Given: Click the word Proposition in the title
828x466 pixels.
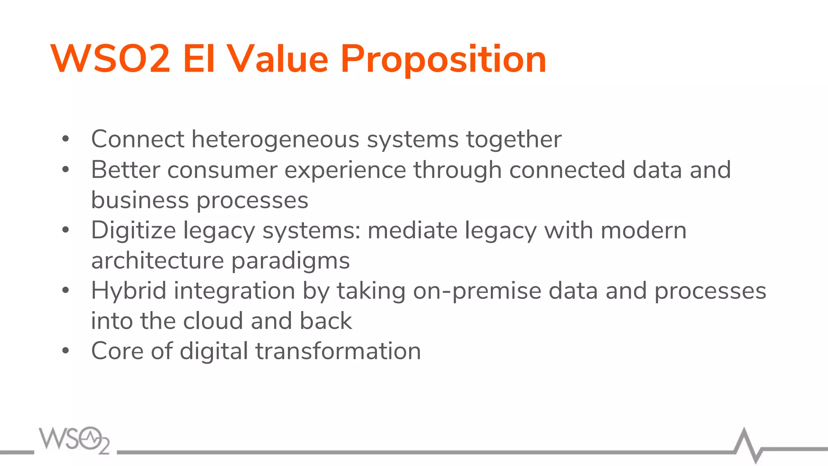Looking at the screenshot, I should [443, 60].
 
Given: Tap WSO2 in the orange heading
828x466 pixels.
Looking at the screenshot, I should [110, 59].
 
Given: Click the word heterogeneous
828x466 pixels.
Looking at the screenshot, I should [275, 139].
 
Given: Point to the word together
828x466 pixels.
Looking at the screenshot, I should [513, 140].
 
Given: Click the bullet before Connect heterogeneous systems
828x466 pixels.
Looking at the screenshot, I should [65, 140].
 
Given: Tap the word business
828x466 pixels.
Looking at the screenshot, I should [139, 200].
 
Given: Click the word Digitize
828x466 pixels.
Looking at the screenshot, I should [133, 231].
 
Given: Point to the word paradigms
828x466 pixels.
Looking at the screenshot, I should [290, 261].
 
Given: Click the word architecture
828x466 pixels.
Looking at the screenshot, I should [157, 261].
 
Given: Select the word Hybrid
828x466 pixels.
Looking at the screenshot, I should [129, 291].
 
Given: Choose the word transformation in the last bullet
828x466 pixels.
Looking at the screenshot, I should [338, 351].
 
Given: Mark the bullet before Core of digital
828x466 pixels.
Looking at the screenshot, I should [65, 351].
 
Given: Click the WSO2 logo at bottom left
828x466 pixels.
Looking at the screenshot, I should [74, 440].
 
